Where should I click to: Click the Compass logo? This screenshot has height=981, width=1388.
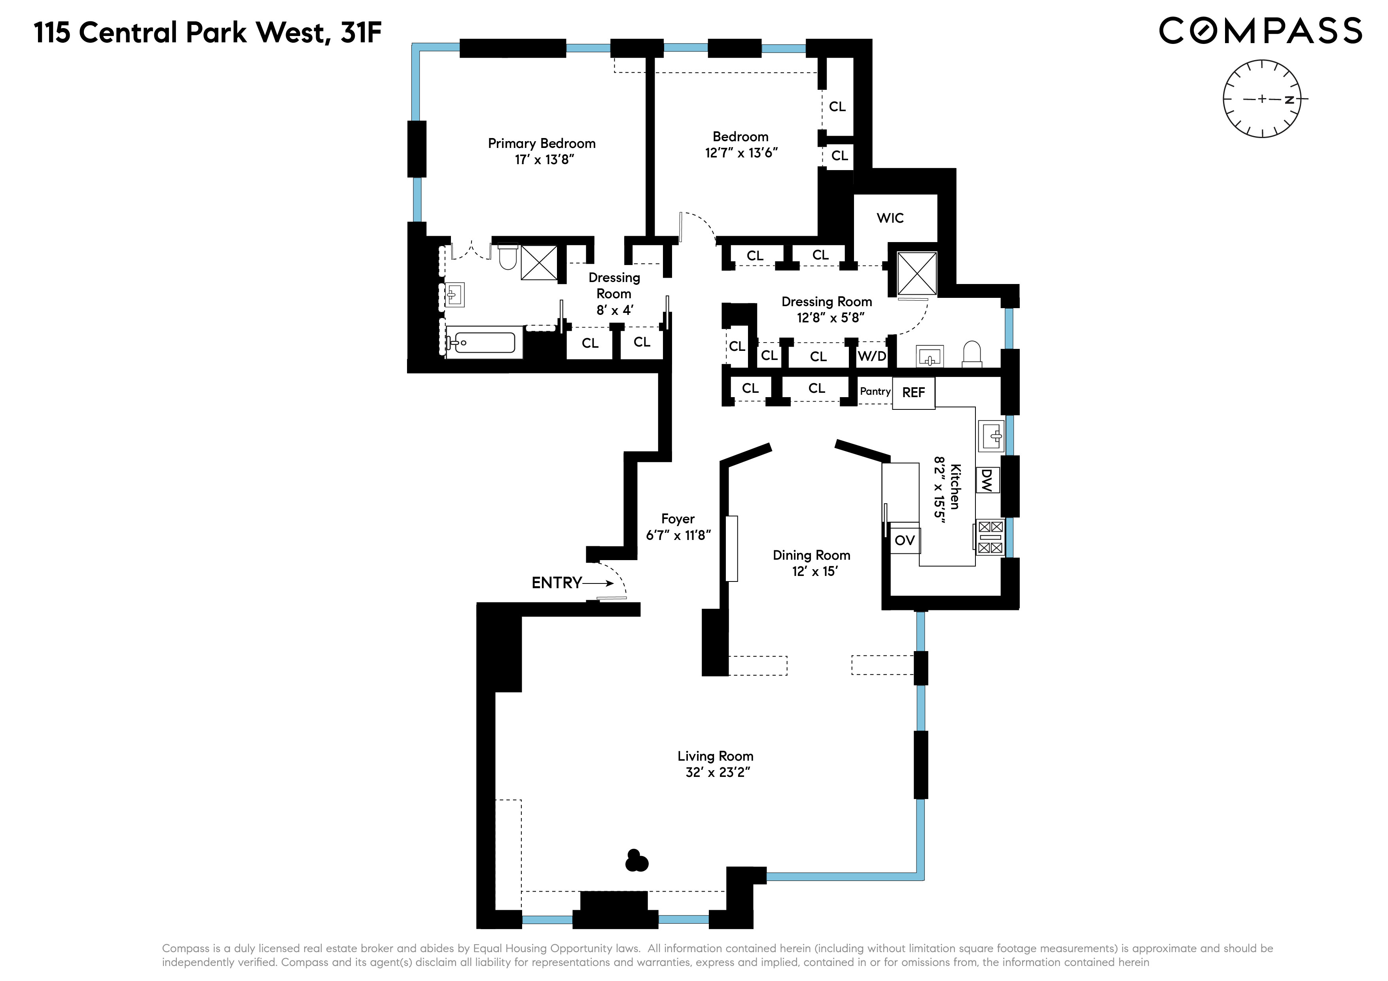[1260, 31]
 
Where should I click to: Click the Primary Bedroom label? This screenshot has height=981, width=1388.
[542, 143]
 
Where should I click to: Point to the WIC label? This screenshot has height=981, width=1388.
[890, 218]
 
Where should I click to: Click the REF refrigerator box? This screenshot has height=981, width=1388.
[913, 393]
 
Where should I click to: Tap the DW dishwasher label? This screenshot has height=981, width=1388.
[987, 481]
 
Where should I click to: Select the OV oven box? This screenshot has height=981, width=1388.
[904, 540]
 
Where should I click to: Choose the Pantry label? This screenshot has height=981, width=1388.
[875, 392]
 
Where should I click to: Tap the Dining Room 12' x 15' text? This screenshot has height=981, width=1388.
[811, 563]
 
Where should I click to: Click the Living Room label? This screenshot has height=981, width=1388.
[715, 756]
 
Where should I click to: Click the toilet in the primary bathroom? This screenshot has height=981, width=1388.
[508, 258]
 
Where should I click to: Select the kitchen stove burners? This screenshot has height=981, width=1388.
[990, 537]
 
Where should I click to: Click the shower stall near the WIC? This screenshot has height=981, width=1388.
[916, 274]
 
